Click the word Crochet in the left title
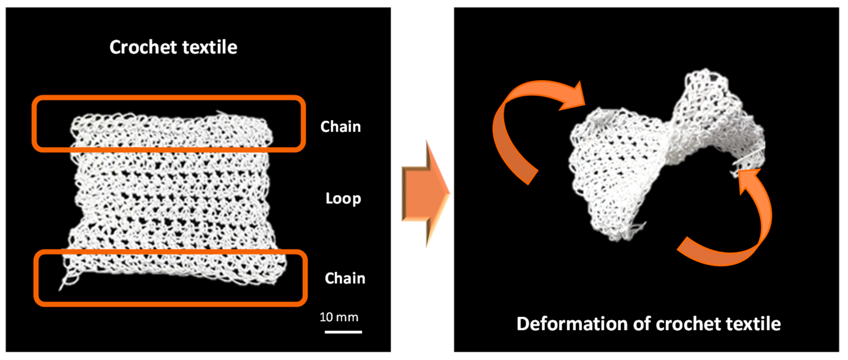[143, 47]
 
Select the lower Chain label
[345, 278]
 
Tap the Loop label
[343, 199]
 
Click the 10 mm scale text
[339, 317]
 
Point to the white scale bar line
[343, 332]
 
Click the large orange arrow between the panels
[425, 194]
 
